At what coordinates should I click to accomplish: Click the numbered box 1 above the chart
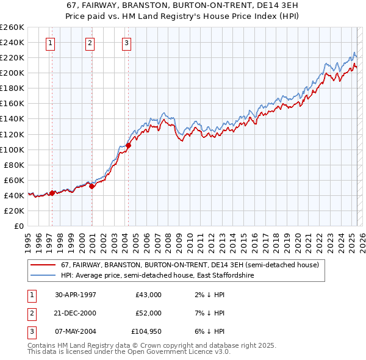click(49, 43)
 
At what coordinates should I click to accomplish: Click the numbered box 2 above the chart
click(90, 43)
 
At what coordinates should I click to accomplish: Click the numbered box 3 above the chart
click(126, 43)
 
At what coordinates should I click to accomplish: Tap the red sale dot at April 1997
click(52, 193)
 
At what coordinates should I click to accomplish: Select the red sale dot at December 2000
click(91, 186)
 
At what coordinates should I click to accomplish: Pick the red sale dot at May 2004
click(128, 146)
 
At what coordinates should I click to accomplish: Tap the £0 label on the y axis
click(19, 226)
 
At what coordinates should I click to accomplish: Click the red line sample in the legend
click(43, 265)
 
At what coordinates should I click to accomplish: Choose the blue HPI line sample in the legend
click(43, 275)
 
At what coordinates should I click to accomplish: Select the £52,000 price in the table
click(148, 313)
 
